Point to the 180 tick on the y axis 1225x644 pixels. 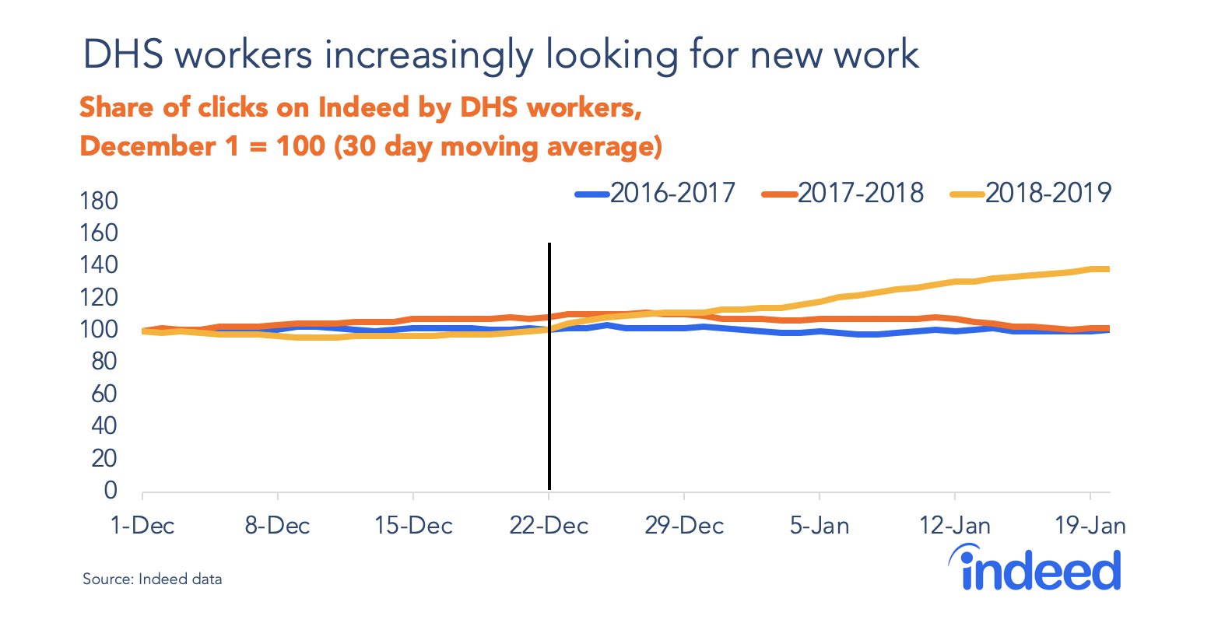(99, 201)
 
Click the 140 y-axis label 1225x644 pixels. (99, 265)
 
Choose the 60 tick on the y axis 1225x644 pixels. (104, 394)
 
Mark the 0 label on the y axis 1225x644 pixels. (111, 491)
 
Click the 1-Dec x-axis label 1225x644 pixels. (142, 526)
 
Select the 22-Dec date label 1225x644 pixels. (549, 526)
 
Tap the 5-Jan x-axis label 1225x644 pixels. (820, 526)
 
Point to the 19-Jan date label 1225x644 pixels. (1090, 526)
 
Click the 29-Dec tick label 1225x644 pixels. (684, 526)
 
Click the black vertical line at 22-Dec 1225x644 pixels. (549, 389)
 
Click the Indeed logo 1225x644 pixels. (1035, 569)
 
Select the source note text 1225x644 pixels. (153, 579)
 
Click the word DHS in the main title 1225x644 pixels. (123, 55)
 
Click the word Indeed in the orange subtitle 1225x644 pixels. (363, 107)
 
